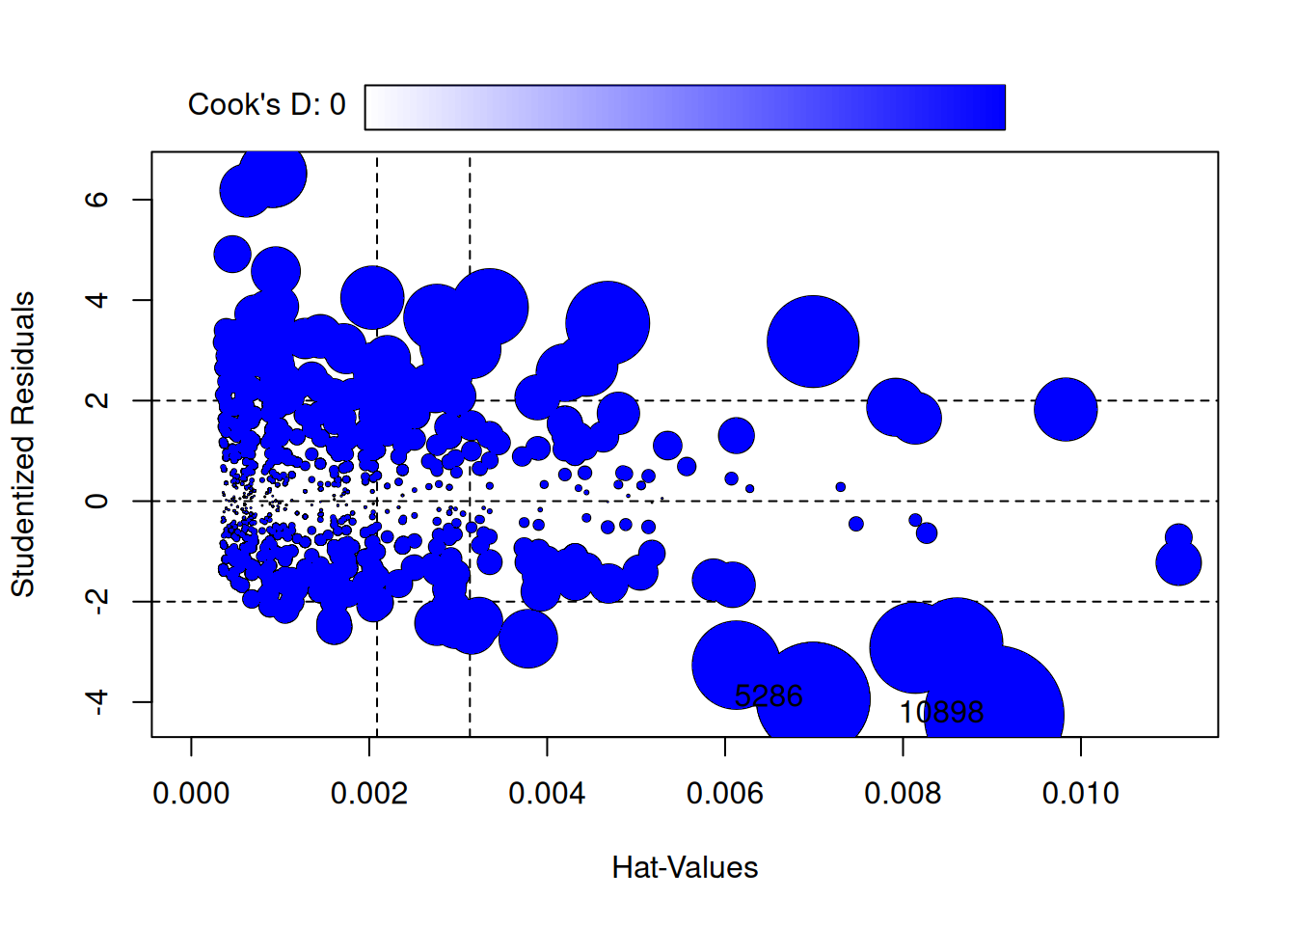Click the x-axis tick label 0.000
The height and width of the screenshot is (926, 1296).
[191, 794]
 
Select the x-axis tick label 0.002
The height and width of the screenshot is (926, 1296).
[369, 794]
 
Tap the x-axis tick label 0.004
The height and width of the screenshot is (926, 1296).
[547, 794]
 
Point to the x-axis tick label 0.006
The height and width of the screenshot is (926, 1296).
[725, 794]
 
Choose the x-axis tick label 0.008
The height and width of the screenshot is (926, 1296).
[903, 794]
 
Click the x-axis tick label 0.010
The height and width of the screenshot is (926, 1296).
[1081, 794]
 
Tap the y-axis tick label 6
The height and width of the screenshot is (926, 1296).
[96, 200]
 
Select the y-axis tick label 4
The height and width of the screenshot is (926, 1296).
[96, 300]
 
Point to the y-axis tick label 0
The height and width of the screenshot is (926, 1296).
[96, 501]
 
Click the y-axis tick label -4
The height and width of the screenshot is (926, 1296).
[96, 701]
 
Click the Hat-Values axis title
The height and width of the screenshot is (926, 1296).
[685, 868]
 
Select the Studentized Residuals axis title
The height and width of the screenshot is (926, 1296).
[23, 444]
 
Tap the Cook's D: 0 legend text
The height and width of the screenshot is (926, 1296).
[266, 105]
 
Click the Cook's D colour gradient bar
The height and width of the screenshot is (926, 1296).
[685, 107]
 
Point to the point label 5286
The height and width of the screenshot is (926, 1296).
[769, 695]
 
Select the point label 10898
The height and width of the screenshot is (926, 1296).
[941, 713]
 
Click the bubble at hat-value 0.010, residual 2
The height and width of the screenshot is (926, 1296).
[1066, 409]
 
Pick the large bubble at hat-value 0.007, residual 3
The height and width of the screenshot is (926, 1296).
[813, 341]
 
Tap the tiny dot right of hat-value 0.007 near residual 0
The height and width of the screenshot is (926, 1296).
[841, 487]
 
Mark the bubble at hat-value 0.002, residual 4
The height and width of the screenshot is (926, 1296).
[371, 298]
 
